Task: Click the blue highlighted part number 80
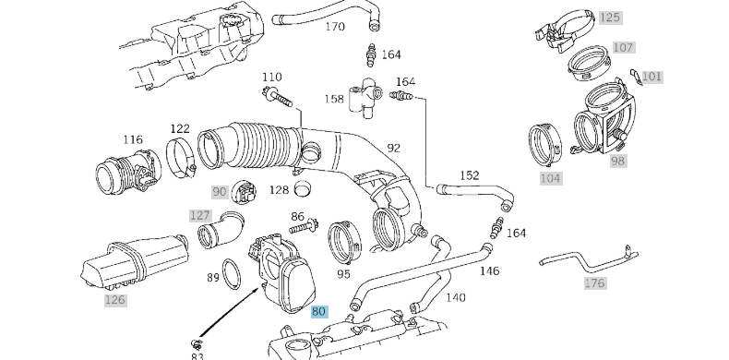coord(319,311)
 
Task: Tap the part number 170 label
coord(335,27)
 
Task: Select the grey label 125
coord(610,18)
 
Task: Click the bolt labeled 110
coord(278,96)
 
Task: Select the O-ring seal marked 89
coord(232,274)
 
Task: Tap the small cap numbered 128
coord(304,188)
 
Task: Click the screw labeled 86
coord(304,226)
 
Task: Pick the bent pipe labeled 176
coord(589,261)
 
